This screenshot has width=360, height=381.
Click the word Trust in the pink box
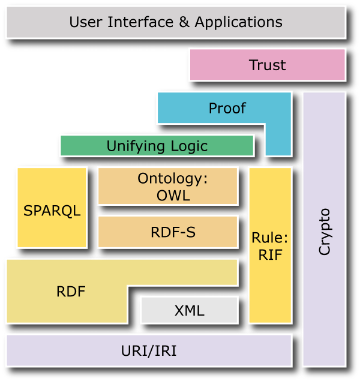click(x=267, y=65)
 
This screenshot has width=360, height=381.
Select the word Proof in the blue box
click(x=227, y=108)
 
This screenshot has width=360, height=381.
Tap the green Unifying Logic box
click(x=157, y=146)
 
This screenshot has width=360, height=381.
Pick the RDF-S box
click(x=167, y=232)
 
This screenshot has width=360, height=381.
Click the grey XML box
click(x=189, y=311)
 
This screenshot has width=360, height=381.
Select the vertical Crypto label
click(x=325, y=232)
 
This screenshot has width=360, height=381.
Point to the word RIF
click(x=270, y=254)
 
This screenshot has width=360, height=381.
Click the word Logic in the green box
click(x=188, y=146)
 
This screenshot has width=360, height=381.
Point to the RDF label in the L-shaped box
click(x=71, y=292)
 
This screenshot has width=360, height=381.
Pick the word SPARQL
click(x=52, y=211)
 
